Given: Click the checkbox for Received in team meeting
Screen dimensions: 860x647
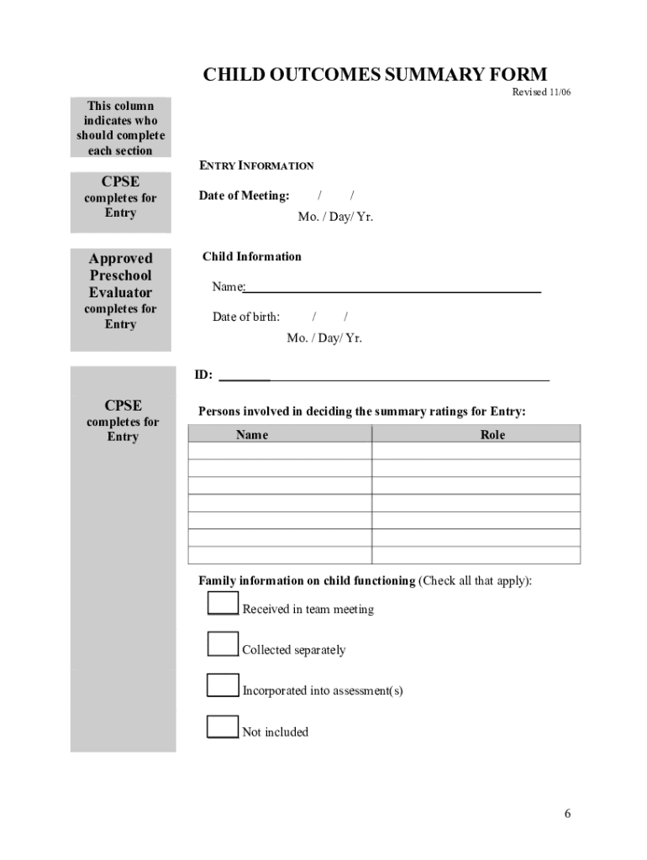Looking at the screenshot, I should [x=223, y=603].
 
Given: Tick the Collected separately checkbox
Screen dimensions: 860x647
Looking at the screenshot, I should [x=223, y=643].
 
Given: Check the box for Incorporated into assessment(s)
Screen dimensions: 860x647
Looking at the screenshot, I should [x=223, y=684].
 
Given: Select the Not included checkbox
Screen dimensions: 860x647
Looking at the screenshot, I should [x=223, y=726].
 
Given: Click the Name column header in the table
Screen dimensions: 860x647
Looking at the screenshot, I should [x=252, y=434].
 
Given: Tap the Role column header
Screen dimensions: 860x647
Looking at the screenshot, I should [x=492, y=434].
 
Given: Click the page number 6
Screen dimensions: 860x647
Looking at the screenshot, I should [x=568, y=813].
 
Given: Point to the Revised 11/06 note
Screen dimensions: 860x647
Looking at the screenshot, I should [x=541, y=92].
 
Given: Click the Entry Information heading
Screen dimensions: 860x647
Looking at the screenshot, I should [x=256, y=165].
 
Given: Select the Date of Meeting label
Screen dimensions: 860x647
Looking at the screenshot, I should [x=244, y=196].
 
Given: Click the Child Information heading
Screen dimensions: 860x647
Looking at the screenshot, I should [x=252, y=256].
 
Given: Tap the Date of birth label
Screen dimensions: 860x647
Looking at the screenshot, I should [x=246, y=317].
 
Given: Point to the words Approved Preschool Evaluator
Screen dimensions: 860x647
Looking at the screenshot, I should [x=121, y=275].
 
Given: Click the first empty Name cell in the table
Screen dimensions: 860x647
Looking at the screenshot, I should [x=280, y=451].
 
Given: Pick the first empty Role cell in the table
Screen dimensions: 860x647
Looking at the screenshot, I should [x=476, y=451].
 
